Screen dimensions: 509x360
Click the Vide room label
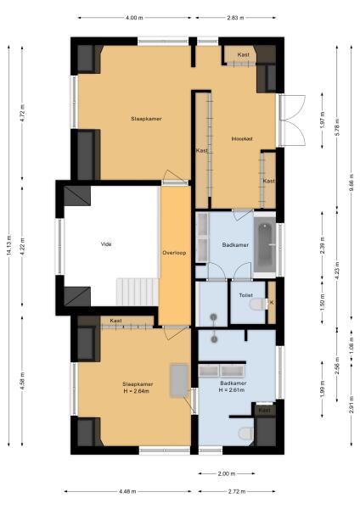(x=106, y=245)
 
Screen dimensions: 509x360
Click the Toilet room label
(x=246, y=295)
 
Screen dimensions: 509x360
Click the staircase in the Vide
(x=137, y=292)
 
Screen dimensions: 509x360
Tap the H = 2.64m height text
(x=136, y=392)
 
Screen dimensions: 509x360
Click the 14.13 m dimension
(x=9, y=244)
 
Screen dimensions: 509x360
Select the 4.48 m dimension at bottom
(x=129, y=491)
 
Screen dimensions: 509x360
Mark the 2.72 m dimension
(x=235, y=491)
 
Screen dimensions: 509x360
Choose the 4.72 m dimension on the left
(x=23, y=113)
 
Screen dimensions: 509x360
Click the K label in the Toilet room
(x=272, y=302)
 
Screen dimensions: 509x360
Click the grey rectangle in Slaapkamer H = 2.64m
(x=178, y=379)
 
